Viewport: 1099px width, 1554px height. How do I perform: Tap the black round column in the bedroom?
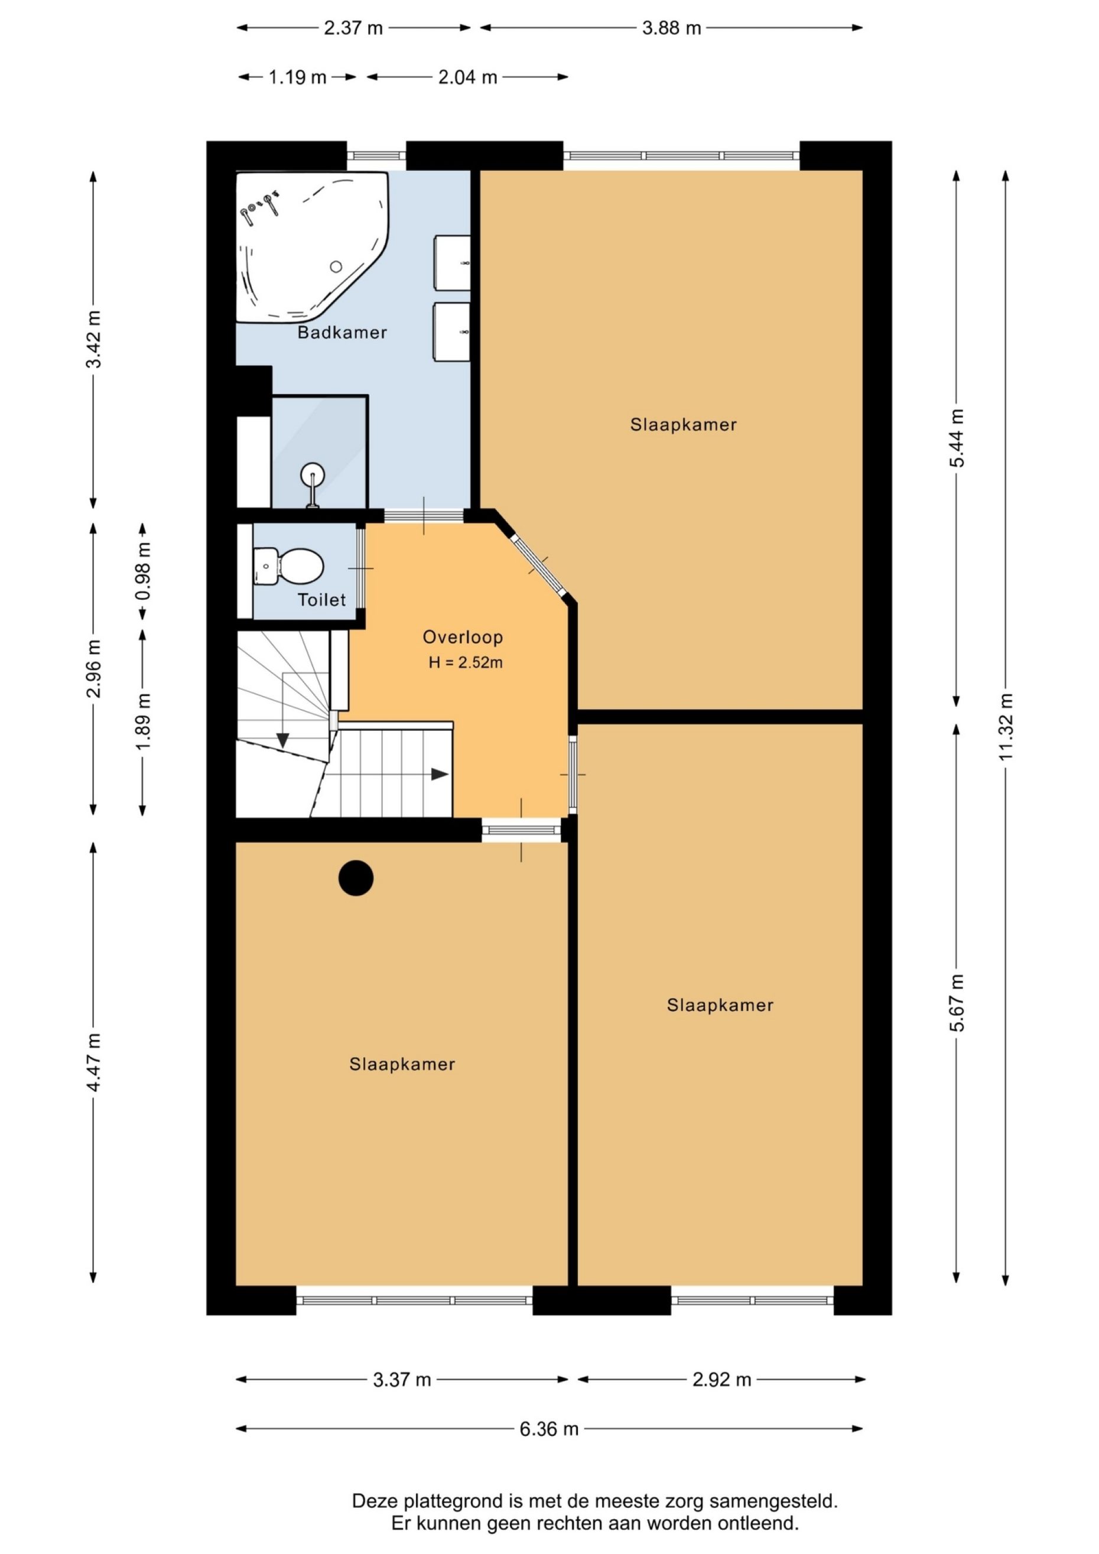(x=356, y=878)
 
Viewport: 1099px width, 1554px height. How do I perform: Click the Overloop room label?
(x=463, y=637)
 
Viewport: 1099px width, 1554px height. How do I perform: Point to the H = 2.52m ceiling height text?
(x=466, y=662)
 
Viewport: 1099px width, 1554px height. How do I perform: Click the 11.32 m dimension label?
(x=1006, y=727)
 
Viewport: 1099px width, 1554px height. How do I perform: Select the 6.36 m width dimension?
(x=549, y=1429)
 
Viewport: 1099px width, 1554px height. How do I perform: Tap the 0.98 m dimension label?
(x=143, y=571)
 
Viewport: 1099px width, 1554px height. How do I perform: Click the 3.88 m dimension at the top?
(x=671, y=28)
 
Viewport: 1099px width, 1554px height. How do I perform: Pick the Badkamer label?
(x=343, y=332)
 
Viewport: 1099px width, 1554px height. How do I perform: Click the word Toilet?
(x=322, y=600)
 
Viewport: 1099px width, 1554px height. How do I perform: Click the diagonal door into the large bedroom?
(x=539, y=565)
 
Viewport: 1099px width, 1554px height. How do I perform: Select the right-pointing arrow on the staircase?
(x=440, y=774)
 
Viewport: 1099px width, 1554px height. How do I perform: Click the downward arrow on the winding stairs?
(x=283, y=740)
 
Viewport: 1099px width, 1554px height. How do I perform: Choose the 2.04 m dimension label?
(x=467, y=77)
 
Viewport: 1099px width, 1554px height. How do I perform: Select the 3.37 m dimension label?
(x=402, y=1379)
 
